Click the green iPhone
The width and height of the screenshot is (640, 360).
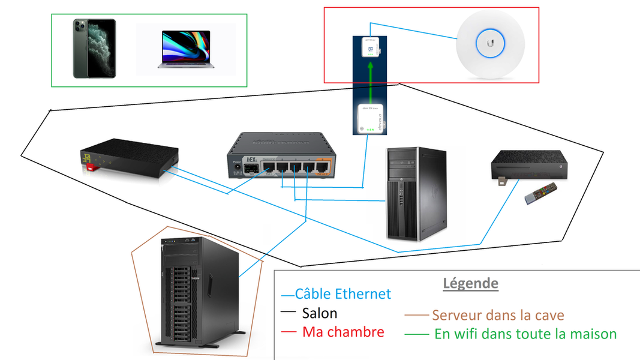click(x=94, y=49)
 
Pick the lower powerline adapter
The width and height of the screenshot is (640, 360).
click(x=371, y=118)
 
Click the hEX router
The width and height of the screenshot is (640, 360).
click(x=279, y=157)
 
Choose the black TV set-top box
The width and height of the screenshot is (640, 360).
click(x=527, y=164)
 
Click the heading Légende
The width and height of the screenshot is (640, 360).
click(x=470, y=283)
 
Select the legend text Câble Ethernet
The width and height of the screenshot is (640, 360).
click(x=342, y=294)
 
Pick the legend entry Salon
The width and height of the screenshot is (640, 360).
click(x=319, y=313)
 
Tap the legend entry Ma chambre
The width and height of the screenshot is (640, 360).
click(x=343, y=332)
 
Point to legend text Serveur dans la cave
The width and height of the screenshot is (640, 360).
click(x=498, y=315)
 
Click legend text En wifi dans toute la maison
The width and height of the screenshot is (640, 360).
click(x=525, y=334)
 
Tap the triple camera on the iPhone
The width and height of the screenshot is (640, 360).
click(x=82, y=28)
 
